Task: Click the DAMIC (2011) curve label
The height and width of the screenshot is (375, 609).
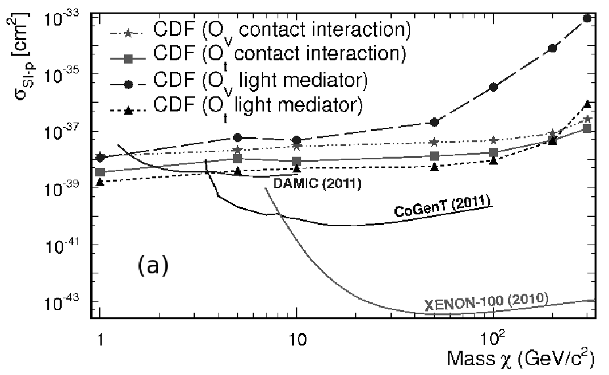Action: coord(318,183)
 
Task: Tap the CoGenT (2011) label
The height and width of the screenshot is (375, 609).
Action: coord(442,206)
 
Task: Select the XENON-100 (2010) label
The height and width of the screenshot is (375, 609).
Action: coord(486,302)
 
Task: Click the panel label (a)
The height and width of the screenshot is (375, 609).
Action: coord(153,266)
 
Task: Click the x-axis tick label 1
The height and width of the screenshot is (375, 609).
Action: coord(100,340)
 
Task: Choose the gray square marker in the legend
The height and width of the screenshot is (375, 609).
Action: coord(129,58)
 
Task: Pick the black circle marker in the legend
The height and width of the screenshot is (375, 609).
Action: coord(129,84)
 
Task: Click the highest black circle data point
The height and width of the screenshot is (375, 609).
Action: coord(587,18)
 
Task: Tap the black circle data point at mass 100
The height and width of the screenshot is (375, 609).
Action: coord(493,87)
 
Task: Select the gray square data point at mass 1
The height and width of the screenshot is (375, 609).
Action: coord(100,172)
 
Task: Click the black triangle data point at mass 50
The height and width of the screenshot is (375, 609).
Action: coord(434,167)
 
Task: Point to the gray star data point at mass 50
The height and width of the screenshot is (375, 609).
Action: coord(434,142)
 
